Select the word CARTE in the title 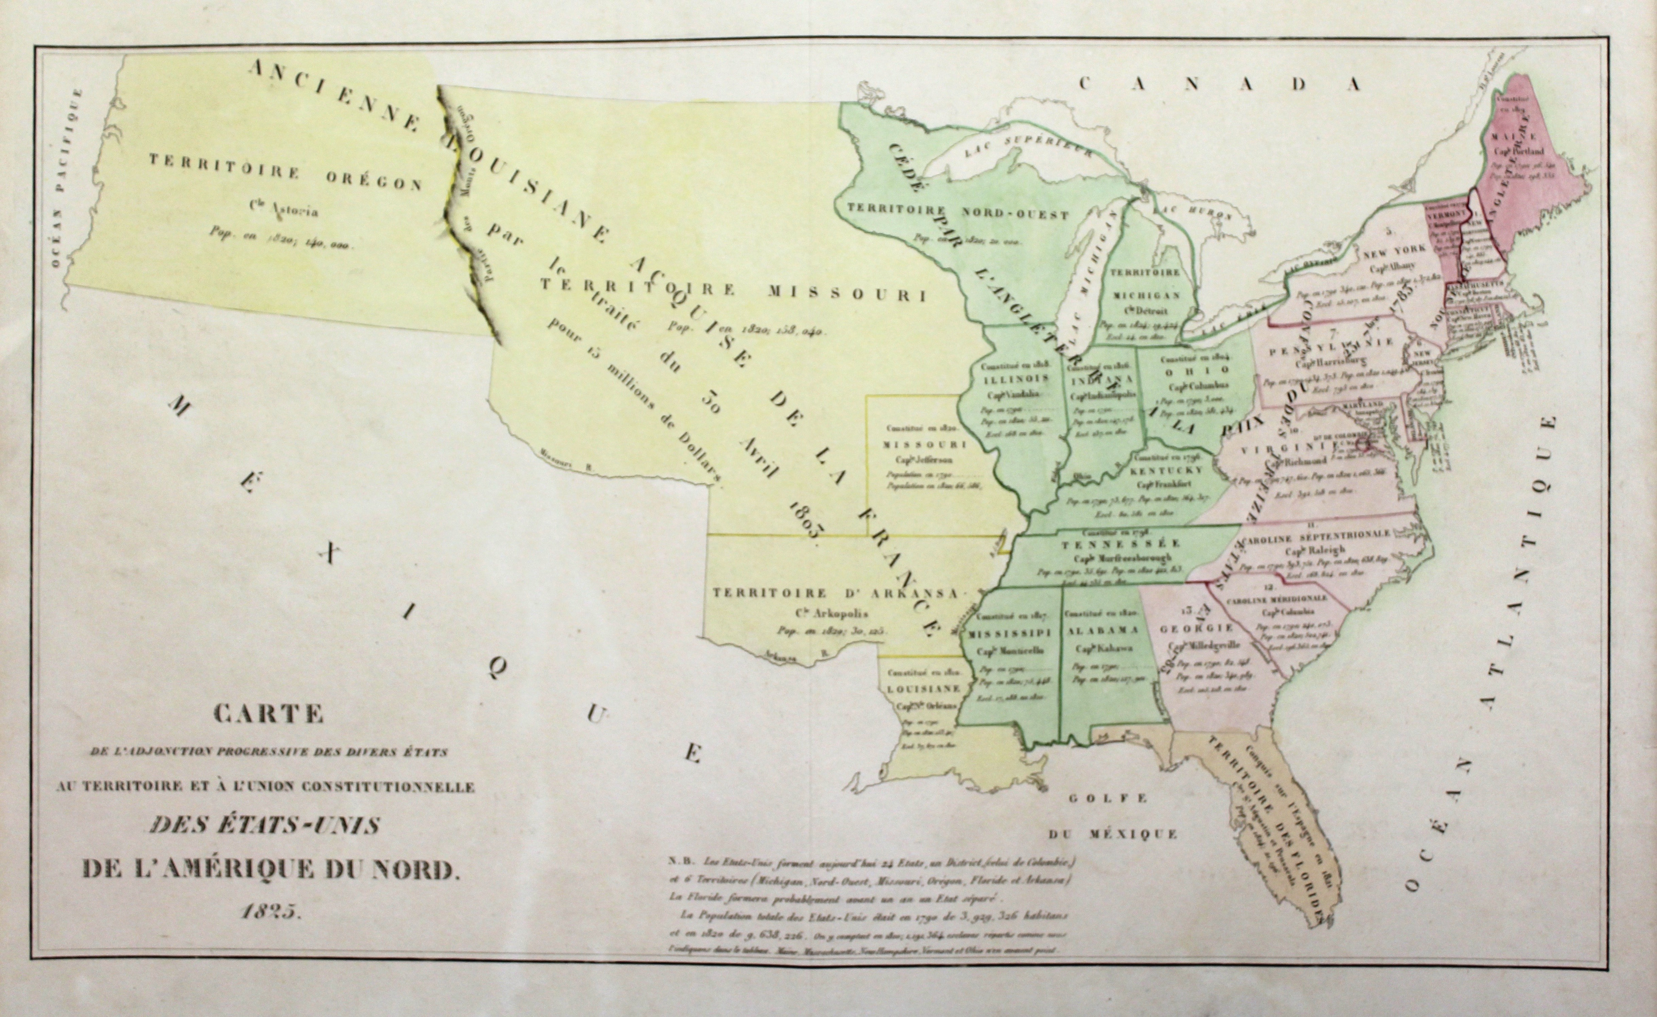point(269,714)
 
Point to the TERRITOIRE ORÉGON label point(285,172)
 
